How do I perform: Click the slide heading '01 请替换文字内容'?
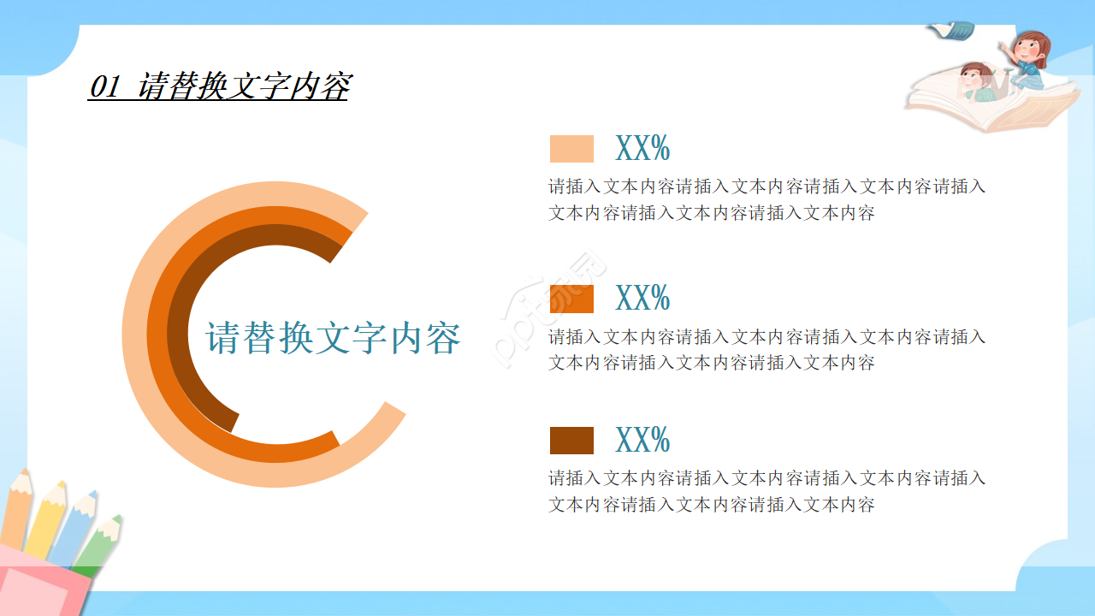[219, 86]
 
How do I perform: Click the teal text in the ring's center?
[333, 338]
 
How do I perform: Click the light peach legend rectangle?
[571, 149]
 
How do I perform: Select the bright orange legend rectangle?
[571, 299]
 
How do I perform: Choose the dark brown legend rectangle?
[571, 441]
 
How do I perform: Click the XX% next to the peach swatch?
[642, 149]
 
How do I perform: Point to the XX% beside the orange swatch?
[642, 299]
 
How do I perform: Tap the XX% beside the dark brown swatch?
[642, 441]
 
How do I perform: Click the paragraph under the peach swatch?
[766, 199]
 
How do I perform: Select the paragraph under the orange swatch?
[766, 349]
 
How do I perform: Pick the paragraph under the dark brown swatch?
[766, 491]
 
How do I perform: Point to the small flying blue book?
[952, 32]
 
